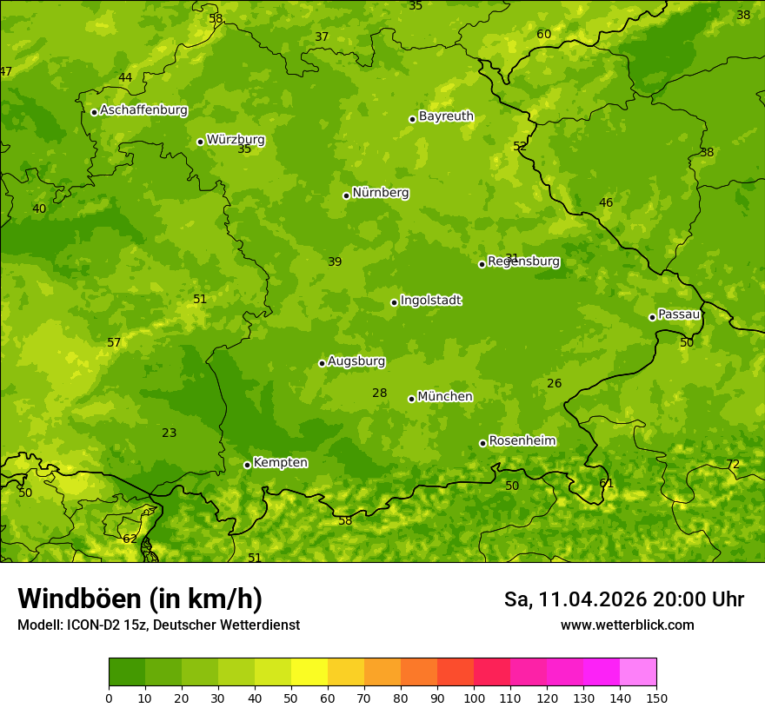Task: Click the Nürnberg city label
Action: coord(380,193)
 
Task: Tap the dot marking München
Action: coord(411,399)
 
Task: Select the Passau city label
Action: coord(678,314)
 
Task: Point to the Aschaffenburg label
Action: coord(143,110)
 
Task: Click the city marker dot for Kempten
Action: coord(247,465)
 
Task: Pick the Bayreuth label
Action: coord(446,116)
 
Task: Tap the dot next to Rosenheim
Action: coord(482,443)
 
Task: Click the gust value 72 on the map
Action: coord(733,465)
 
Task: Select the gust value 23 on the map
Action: coord(169,433)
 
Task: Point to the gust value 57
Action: coord(114,342)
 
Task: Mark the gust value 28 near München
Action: coord(379,393)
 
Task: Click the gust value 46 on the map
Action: coord(606,202)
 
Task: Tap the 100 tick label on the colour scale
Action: coord(474,698)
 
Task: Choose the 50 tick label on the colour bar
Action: coord(291,698)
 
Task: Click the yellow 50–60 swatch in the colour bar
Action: coord(309,672)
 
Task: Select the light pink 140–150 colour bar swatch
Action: coord(638,672)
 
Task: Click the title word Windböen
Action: coord(79,599)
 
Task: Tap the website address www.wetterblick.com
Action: coord(627,625)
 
